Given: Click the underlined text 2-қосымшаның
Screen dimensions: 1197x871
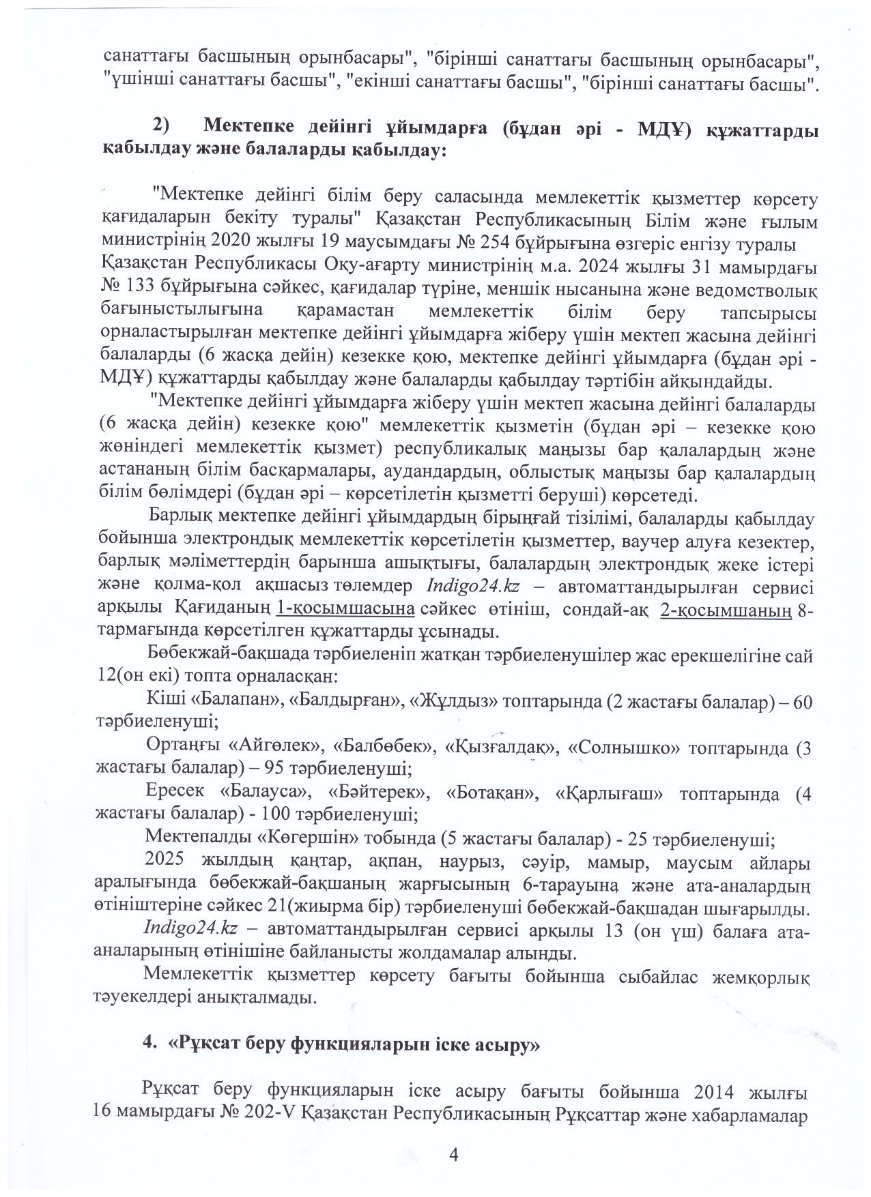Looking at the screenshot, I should coord(727,607).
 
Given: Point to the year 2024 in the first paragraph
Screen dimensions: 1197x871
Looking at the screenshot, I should coord(647,264).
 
